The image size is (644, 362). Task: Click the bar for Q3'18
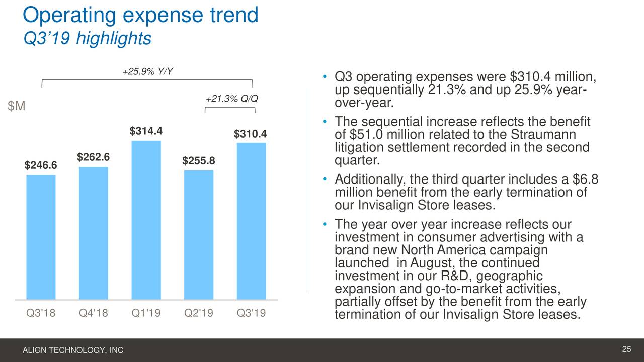[x=41, y=237]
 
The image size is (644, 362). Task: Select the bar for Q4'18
[x=93, y=233]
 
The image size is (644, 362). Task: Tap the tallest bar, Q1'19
[x=146, y=220]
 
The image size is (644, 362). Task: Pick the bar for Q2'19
[x=199, y=235]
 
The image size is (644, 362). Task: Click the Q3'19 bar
[x=251, y=221]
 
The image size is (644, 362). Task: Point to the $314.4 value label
[x=146, y=131]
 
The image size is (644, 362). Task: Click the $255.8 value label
[x=199, y=161]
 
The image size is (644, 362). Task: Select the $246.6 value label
[x=41, y=166]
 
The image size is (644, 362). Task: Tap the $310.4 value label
[x=250, y=134]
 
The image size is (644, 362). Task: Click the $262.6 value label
[x=93, y=157]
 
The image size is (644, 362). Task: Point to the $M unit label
[x=17, y=107]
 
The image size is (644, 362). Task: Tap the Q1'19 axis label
[x=146, y=314]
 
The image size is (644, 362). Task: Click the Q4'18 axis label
[x=93, y=314]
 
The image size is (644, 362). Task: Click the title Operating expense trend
[x=140, y=15]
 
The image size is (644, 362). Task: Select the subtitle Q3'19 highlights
[x=87, y=38]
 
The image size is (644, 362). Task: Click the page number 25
[x=626, y=350]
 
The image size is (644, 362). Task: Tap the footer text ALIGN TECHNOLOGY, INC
[x=73, y=350]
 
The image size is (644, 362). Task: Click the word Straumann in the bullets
[x=543, y=135]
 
